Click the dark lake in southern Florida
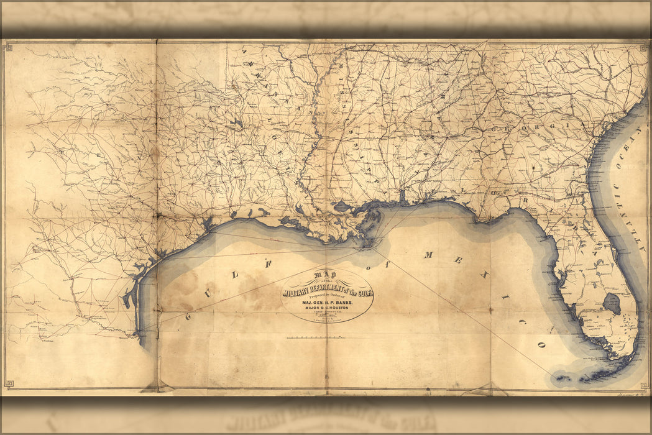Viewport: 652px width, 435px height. point(612,304)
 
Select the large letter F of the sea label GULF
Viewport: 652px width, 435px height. point(270,263)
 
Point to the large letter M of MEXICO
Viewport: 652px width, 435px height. point(428,255)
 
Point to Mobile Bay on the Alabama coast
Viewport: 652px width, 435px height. point(403,198)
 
